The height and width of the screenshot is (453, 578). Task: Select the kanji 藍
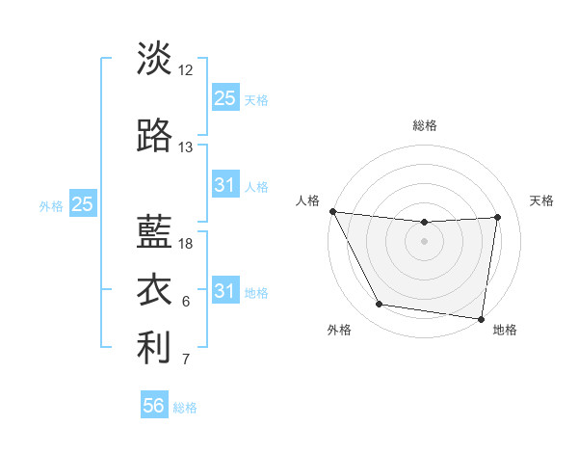[x=154, y=231]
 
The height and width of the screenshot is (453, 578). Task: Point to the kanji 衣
[x=154, y=289]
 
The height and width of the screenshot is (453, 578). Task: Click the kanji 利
[x=154, y=349]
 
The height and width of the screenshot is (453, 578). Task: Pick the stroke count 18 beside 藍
[x=186, y=244]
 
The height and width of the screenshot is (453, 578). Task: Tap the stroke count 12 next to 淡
[x=186, y=70]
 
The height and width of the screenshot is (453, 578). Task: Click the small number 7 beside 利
[x=186, y=360]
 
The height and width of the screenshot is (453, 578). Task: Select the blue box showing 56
[x=154, y=406]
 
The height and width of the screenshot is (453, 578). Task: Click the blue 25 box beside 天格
[x=224, y=97]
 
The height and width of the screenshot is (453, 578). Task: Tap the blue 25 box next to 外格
[x=83, y=203]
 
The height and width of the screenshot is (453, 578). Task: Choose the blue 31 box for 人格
[x=224, y=185]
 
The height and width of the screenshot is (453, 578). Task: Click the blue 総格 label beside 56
[x=185, y=408]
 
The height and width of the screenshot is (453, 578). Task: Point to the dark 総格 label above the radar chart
[x=424, y=125]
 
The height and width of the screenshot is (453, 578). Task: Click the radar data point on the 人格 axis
[x=332, y=211]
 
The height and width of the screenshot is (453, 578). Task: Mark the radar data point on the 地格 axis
[x=481, y=318]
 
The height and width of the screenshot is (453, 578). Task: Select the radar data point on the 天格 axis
[x=497, y=217]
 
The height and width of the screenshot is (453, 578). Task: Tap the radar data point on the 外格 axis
[x=379, y=305]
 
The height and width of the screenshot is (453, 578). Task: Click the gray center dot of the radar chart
[x=424, y=241]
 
